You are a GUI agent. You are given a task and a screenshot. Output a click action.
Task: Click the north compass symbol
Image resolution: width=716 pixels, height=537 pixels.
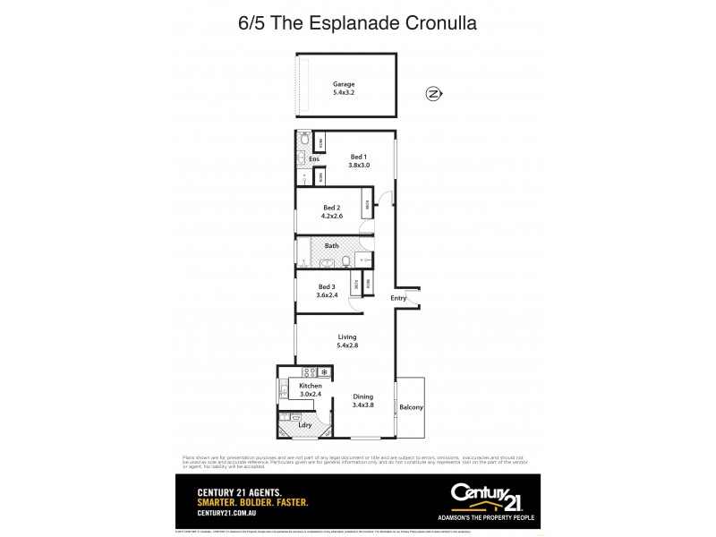(x=433, y=93)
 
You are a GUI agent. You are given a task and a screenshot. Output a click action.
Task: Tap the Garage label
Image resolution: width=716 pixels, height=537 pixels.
(x=345, y=84)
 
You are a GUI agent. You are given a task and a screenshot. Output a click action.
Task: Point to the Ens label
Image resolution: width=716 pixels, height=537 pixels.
(x=314, y=159)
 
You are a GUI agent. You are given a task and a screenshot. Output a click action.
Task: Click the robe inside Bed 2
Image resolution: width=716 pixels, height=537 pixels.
(x=367, y=203)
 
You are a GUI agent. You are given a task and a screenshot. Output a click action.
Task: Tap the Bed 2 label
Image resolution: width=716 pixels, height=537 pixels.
(x=332, y=208)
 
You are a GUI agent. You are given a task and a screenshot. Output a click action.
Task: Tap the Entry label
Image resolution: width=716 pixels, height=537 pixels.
(x=398, y=298)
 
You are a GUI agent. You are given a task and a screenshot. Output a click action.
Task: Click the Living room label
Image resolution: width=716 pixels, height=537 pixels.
(x=346, y=337)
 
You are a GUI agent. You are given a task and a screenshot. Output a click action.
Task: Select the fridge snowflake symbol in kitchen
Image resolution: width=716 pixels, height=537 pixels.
(x=324, y=371)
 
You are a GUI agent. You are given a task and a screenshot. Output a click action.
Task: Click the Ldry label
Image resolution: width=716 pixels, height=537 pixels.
(x=305, y=424)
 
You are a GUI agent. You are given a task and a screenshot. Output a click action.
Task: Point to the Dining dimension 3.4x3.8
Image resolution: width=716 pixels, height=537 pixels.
(x=362, y=405)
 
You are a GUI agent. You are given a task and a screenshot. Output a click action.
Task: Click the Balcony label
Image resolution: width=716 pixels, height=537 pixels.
(x=412, y=407)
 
